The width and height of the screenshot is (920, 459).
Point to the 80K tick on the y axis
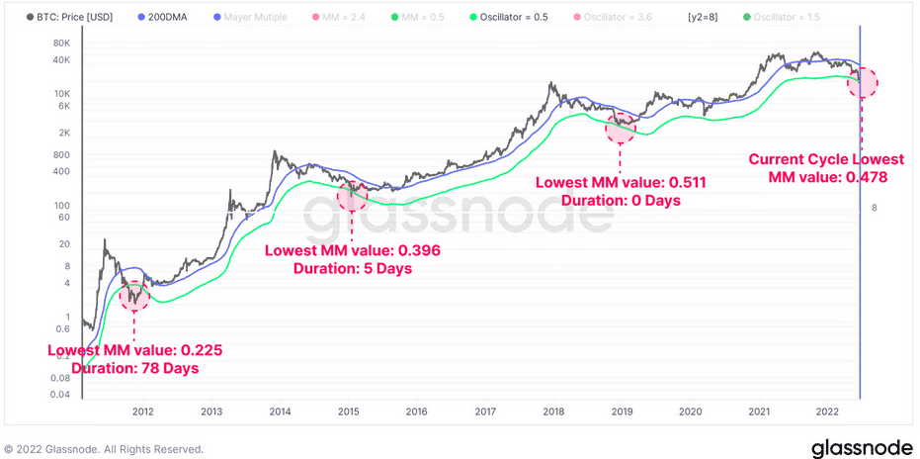(60, 44)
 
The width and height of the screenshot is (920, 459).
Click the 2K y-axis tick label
(64, 133)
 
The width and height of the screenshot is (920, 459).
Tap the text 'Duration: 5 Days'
(353, 268)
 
